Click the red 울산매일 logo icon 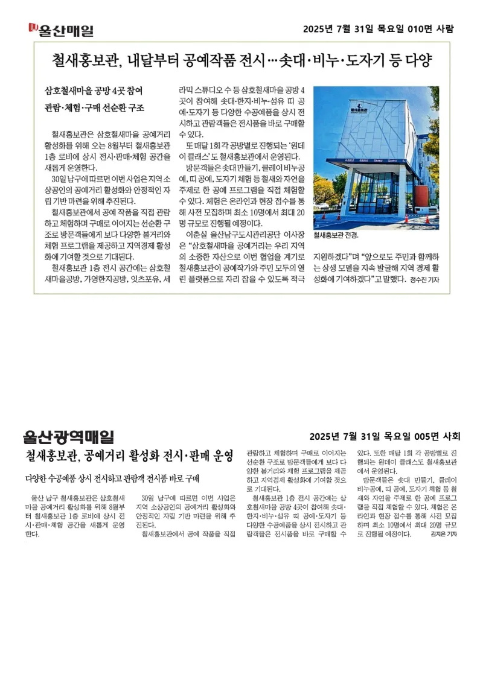pyautogui.click(x=33, y=28)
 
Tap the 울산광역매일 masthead pyautogui.click(x=68, y=436)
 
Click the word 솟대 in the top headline pyautogui.click(x=292, y=60)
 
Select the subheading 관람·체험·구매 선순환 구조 pyautogui.click(x=94, y=107)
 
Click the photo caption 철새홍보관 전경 pyautogui.click(x=336, y=235)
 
